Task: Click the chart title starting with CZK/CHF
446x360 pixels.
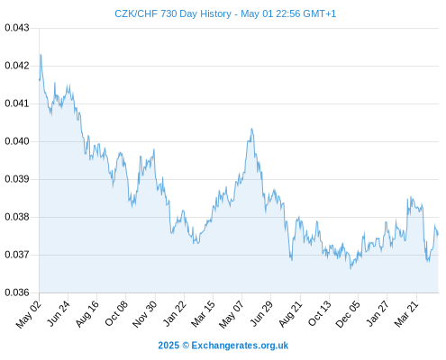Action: click(x=225, y=13)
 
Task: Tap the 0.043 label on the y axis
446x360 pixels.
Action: click(x=17, y=28)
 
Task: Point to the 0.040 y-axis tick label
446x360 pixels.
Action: click(x=17, y=141)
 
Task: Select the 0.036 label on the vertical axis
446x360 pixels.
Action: click(x=17, y=292)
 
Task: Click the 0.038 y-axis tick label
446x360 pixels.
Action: click(x=17, y=217)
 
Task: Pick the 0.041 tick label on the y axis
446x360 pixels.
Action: click(x=17, y=103)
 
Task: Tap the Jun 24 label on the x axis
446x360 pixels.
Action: click(x=59, y=313)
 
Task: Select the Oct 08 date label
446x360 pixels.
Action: click(x=116, y=313)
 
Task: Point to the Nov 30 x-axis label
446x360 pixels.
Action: click(x=144, y=314)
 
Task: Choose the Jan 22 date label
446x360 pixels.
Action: click(x=175, y=313)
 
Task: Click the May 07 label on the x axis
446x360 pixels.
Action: click(x=231, y=314)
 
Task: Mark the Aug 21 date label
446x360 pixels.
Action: click(x=290, y=313)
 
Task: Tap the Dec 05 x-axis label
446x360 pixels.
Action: click(x=347, y=314)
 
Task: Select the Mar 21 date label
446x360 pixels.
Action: click(x=406, y=314)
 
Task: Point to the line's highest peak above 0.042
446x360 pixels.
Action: click(x=41, y=55)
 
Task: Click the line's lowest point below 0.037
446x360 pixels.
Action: click(x=350, y=268)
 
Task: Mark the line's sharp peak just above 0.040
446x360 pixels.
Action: click(x=251, y=129)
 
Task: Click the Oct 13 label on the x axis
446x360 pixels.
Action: click(x=319, y=313)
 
